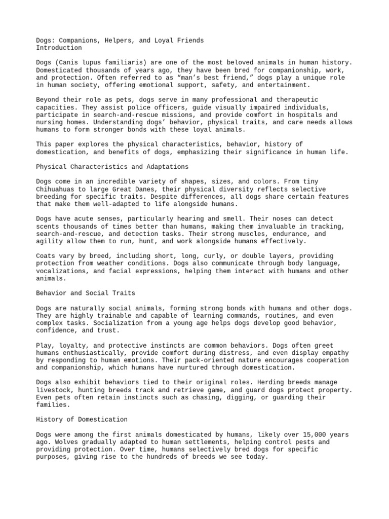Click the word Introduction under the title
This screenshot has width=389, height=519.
coord(59,48)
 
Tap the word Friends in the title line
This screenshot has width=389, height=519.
coord(189,40)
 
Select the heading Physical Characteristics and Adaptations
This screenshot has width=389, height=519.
coord(112,166)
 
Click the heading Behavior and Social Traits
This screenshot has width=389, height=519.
coord(86,293)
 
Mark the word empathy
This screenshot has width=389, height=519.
coord(337,352)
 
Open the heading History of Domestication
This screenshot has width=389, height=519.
coord(82,419)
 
